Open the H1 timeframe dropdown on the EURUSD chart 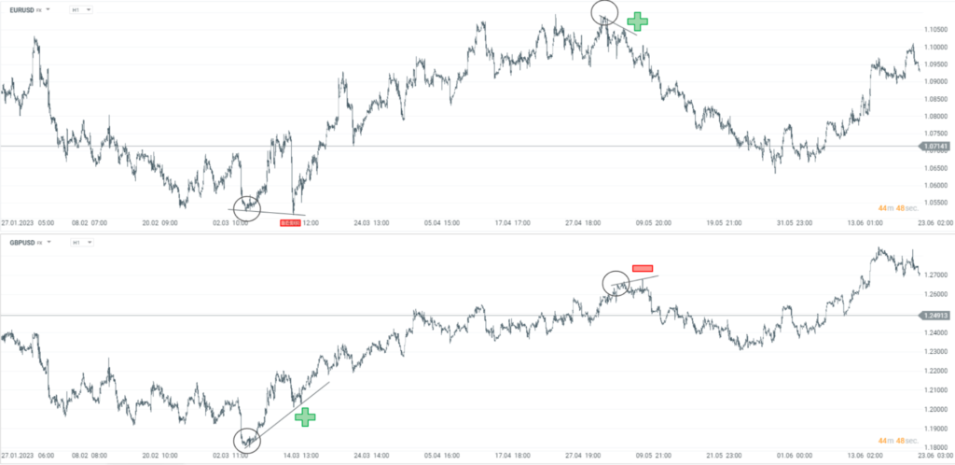(x=81, y=9)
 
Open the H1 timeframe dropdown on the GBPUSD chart (x=81, y=243)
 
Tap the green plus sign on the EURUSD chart (x=637, y=21)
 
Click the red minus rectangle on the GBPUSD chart (x=643, y=269)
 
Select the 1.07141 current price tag (x=934, y=147)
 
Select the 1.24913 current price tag (x=934, y=316)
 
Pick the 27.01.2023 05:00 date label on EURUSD (x=28, y=223)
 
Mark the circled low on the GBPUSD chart (x=246, y=438)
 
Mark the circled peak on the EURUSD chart (x=604, y=12)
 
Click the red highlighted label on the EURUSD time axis (x=290, y=223)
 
